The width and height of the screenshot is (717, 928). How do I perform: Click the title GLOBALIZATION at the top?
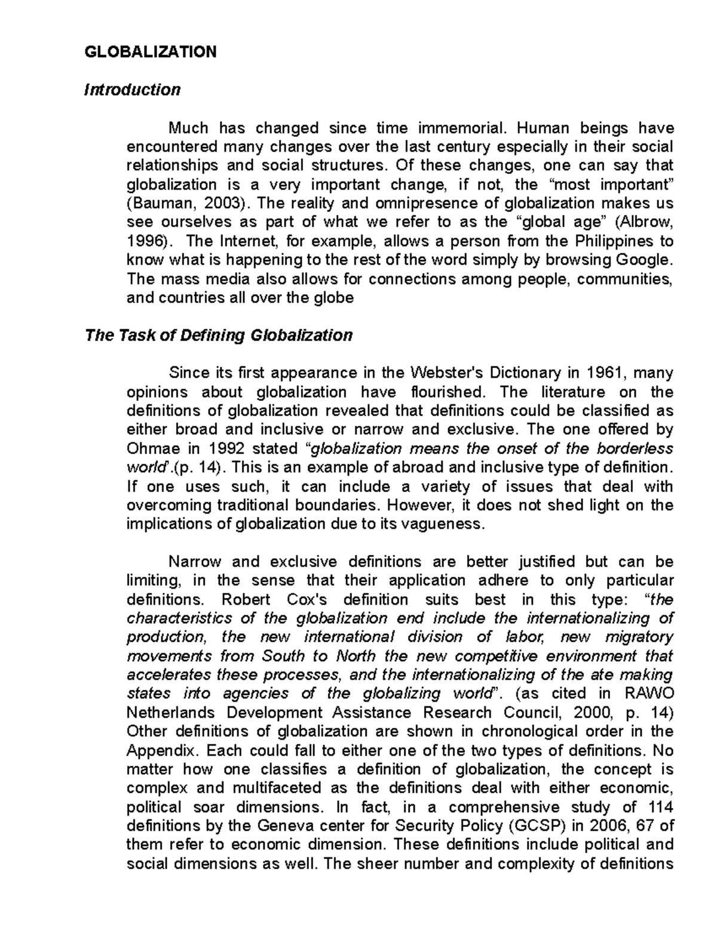click(x=151, y=52)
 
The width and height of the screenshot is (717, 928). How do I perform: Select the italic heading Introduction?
click(x=132, y=90)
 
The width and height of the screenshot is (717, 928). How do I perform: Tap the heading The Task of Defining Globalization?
click(x=219, y=335)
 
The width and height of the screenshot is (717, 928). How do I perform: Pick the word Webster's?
click(x=447, y=373)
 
